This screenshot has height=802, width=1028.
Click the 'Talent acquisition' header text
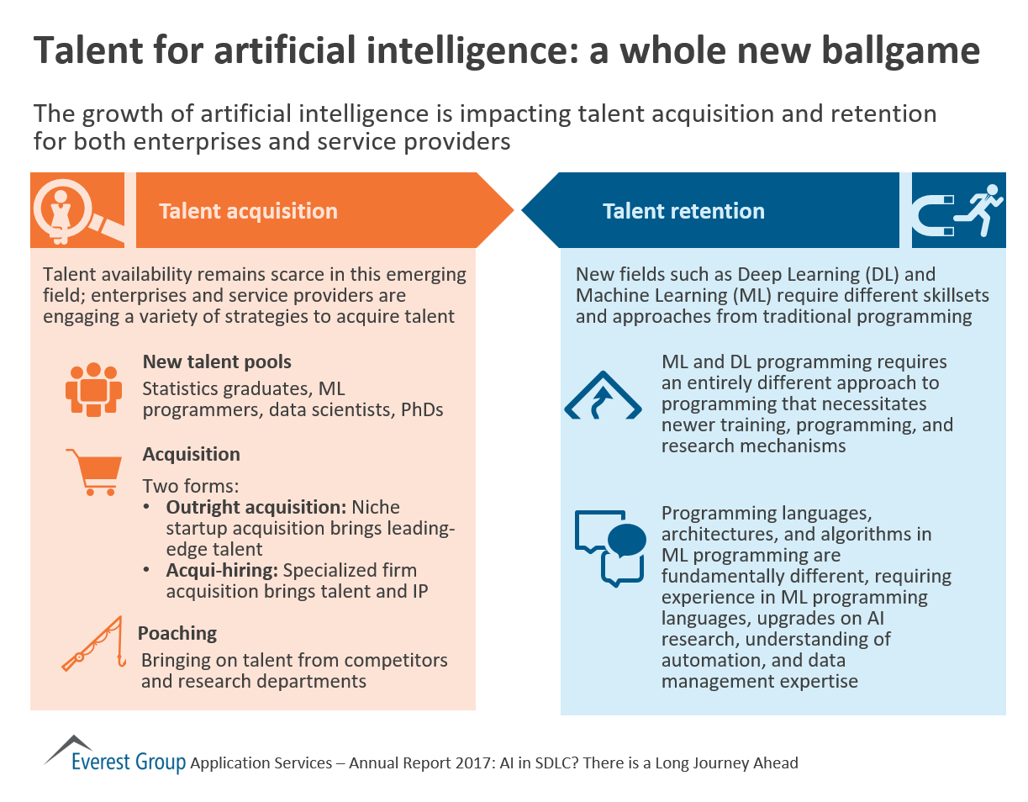(248, 211)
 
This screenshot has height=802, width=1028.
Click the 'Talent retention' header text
(683, 211)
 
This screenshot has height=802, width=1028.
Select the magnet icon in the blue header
(932, 215)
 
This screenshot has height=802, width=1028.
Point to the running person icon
(979, 209)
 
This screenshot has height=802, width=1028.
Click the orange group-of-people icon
(93, 389)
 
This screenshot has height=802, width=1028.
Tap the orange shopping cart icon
(95, 472)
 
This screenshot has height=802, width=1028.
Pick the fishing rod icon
(93, 643)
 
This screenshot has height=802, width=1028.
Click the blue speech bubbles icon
(610, 548)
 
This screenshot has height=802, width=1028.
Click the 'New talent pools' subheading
(217, 362)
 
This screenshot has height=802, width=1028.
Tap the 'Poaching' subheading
(177, 633)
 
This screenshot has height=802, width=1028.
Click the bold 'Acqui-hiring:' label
(222, 570)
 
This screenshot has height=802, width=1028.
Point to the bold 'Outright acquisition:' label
(256, 507)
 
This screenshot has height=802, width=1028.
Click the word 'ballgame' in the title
(900, 51)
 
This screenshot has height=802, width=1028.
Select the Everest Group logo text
(129, 762)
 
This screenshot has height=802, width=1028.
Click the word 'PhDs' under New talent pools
(422, 409)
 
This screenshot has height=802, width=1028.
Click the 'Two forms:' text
(191, 486)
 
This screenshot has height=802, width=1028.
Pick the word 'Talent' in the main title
(88, 50)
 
